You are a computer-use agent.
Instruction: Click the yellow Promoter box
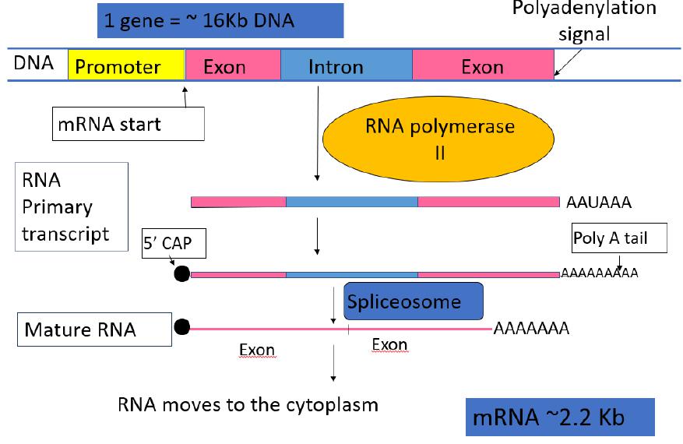coord(126,66)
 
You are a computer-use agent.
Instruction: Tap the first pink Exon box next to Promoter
coord(232,66)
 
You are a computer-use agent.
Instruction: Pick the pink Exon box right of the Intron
coord(482,66)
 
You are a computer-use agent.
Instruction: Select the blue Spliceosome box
coord(414,301)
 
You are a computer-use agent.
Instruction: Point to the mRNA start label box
coord(129,124)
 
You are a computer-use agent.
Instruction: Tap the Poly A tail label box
coord(620,238)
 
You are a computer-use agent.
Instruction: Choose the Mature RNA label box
coord(93,329)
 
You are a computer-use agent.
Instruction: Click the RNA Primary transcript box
coord(71,206)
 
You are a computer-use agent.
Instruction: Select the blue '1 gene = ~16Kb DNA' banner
coord(220,21)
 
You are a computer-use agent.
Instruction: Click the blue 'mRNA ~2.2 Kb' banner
coord(559,418)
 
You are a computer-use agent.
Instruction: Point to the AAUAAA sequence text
coord(598,203)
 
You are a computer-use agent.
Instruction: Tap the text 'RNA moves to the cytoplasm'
coord(248,405)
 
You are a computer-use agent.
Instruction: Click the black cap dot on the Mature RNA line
coord(182,327)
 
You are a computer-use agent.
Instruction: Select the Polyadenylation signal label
coord(583,21)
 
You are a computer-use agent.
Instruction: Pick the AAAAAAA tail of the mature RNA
coord(531,328)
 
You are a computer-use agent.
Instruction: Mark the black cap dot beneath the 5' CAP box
coord(181,274)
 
